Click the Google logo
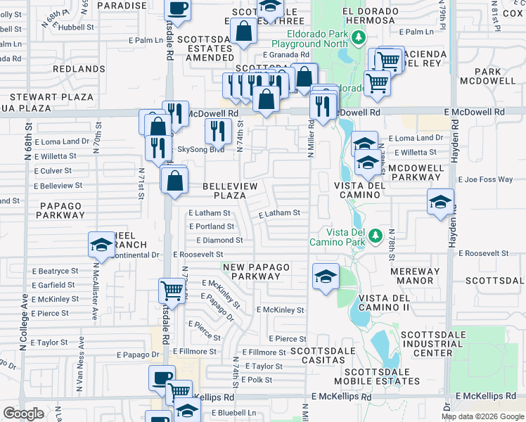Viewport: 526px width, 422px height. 23,414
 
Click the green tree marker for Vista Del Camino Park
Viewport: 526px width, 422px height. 376,234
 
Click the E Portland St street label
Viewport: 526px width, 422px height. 212,226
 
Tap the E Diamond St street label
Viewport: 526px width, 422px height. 219,240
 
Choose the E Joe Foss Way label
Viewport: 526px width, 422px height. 485,179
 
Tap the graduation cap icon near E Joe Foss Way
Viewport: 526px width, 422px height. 440,202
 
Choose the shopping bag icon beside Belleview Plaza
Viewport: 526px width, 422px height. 174,180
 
